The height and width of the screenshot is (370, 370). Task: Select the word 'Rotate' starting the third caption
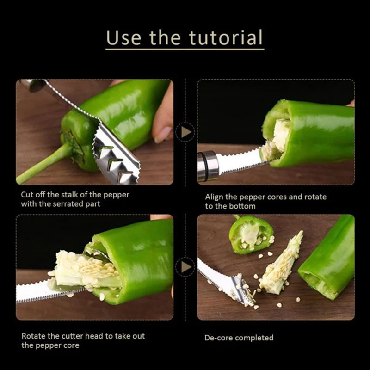pos(33,336)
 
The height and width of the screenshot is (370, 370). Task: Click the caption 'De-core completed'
pos(239,338)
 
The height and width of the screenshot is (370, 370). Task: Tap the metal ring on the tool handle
pos(208,166)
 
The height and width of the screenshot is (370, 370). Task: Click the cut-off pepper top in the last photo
pos(251,234)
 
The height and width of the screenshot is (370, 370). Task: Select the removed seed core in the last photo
pos(280,265)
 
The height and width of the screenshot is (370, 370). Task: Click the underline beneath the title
pos(185,49)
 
